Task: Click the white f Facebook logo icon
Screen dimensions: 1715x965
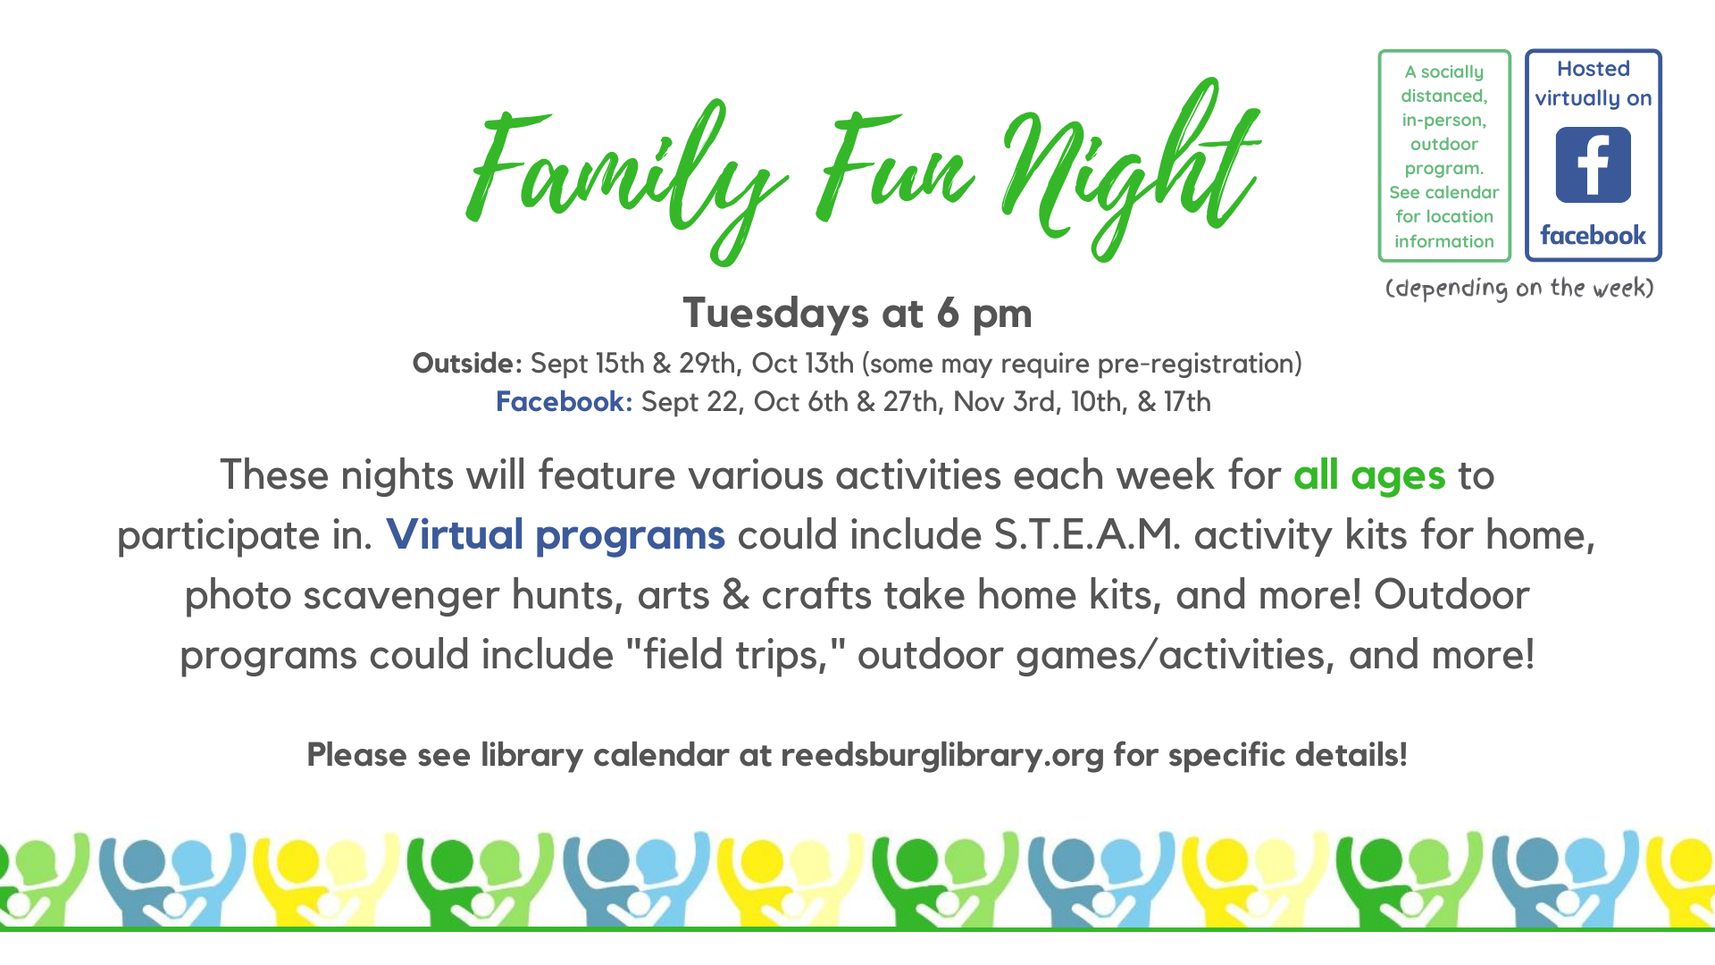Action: point(1593,164)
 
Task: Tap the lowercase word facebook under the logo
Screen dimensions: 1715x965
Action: point(1593,236)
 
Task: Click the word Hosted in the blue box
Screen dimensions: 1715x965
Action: point(1594,69)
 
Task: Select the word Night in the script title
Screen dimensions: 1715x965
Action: point(1130,170)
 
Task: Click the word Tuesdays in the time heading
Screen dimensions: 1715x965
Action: point(776,313)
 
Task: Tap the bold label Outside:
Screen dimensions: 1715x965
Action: point(467,363)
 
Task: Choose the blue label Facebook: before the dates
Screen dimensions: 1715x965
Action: point(564,401)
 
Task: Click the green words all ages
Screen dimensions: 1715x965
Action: point(1369,475)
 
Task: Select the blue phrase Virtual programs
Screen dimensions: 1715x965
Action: point(556,534)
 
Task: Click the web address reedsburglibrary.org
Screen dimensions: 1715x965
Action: point(942,755)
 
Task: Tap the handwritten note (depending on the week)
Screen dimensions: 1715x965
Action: point(1519,288)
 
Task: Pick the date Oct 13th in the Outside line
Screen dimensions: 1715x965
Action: point(802,363)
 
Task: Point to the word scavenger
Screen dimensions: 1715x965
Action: point(401,596)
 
